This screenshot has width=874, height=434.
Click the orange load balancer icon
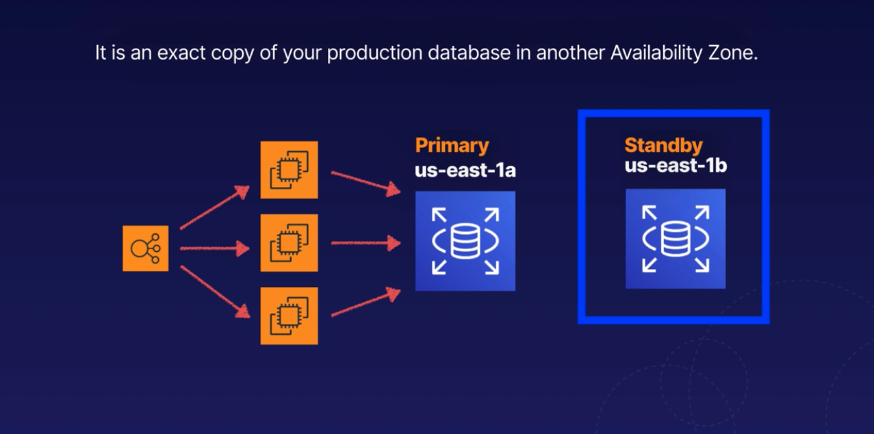point(145,248)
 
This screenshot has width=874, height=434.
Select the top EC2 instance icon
point(289,170)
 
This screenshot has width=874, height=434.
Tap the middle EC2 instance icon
point(289,243)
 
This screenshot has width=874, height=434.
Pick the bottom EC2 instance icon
point(289,316)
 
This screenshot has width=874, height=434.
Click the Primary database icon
point(465,241)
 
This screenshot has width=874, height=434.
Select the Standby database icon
point(675,238)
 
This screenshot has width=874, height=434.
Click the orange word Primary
point(452,146)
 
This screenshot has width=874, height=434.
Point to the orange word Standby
point(663,146)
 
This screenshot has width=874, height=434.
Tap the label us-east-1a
point(465,170)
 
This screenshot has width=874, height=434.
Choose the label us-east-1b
point(674,166)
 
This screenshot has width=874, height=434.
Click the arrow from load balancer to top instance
point(214,207)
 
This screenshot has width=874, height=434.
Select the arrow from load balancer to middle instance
point(214,248)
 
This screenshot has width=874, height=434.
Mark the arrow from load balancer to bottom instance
point(214,291)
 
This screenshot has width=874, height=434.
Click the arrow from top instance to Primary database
point(365,181)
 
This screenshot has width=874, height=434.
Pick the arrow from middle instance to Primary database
point(365,242)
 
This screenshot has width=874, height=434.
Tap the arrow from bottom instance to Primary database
point(365,303)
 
